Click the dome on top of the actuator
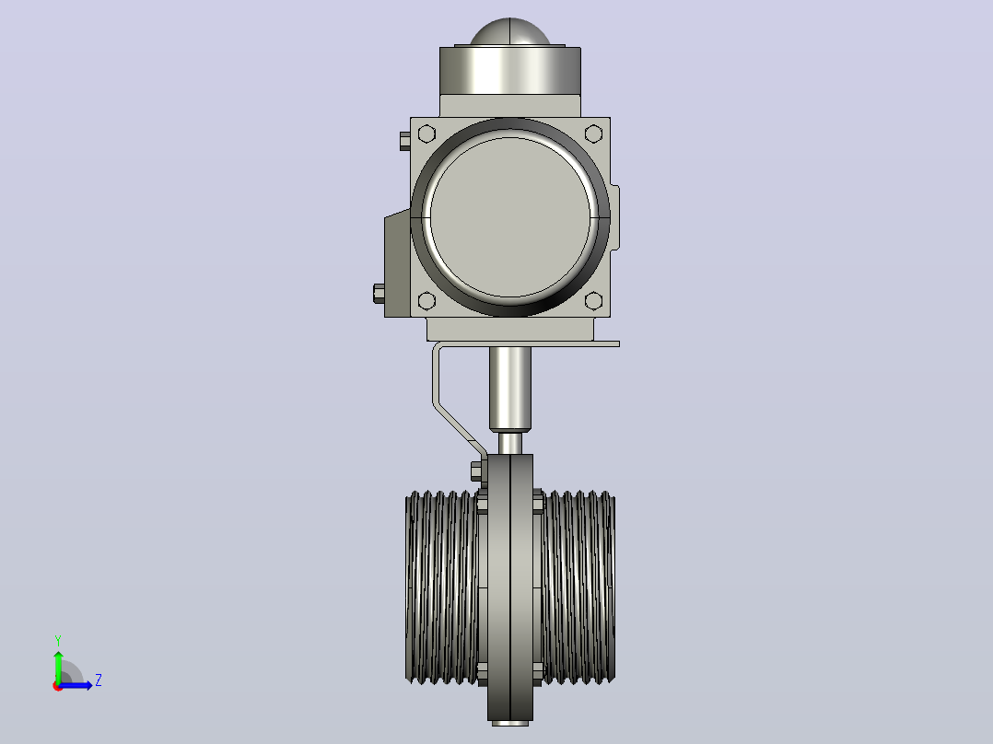click(x=509, y=31)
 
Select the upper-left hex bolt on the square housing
click(x=426, y=134)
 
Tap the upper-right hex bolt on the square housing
click(x=593, y=134)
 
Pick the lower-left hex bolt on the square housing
click(x=426, y=301)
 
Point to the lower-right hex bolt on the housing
click(x=593, y=301)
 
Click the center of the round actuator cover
click(x=509, y=217)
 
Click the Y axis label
click(x=58, y=641)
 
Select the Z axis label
click(x=99, y=680)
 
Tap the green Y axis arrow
click(x=58, y=667)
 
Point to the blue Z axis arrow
click(x=76, y=685)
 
